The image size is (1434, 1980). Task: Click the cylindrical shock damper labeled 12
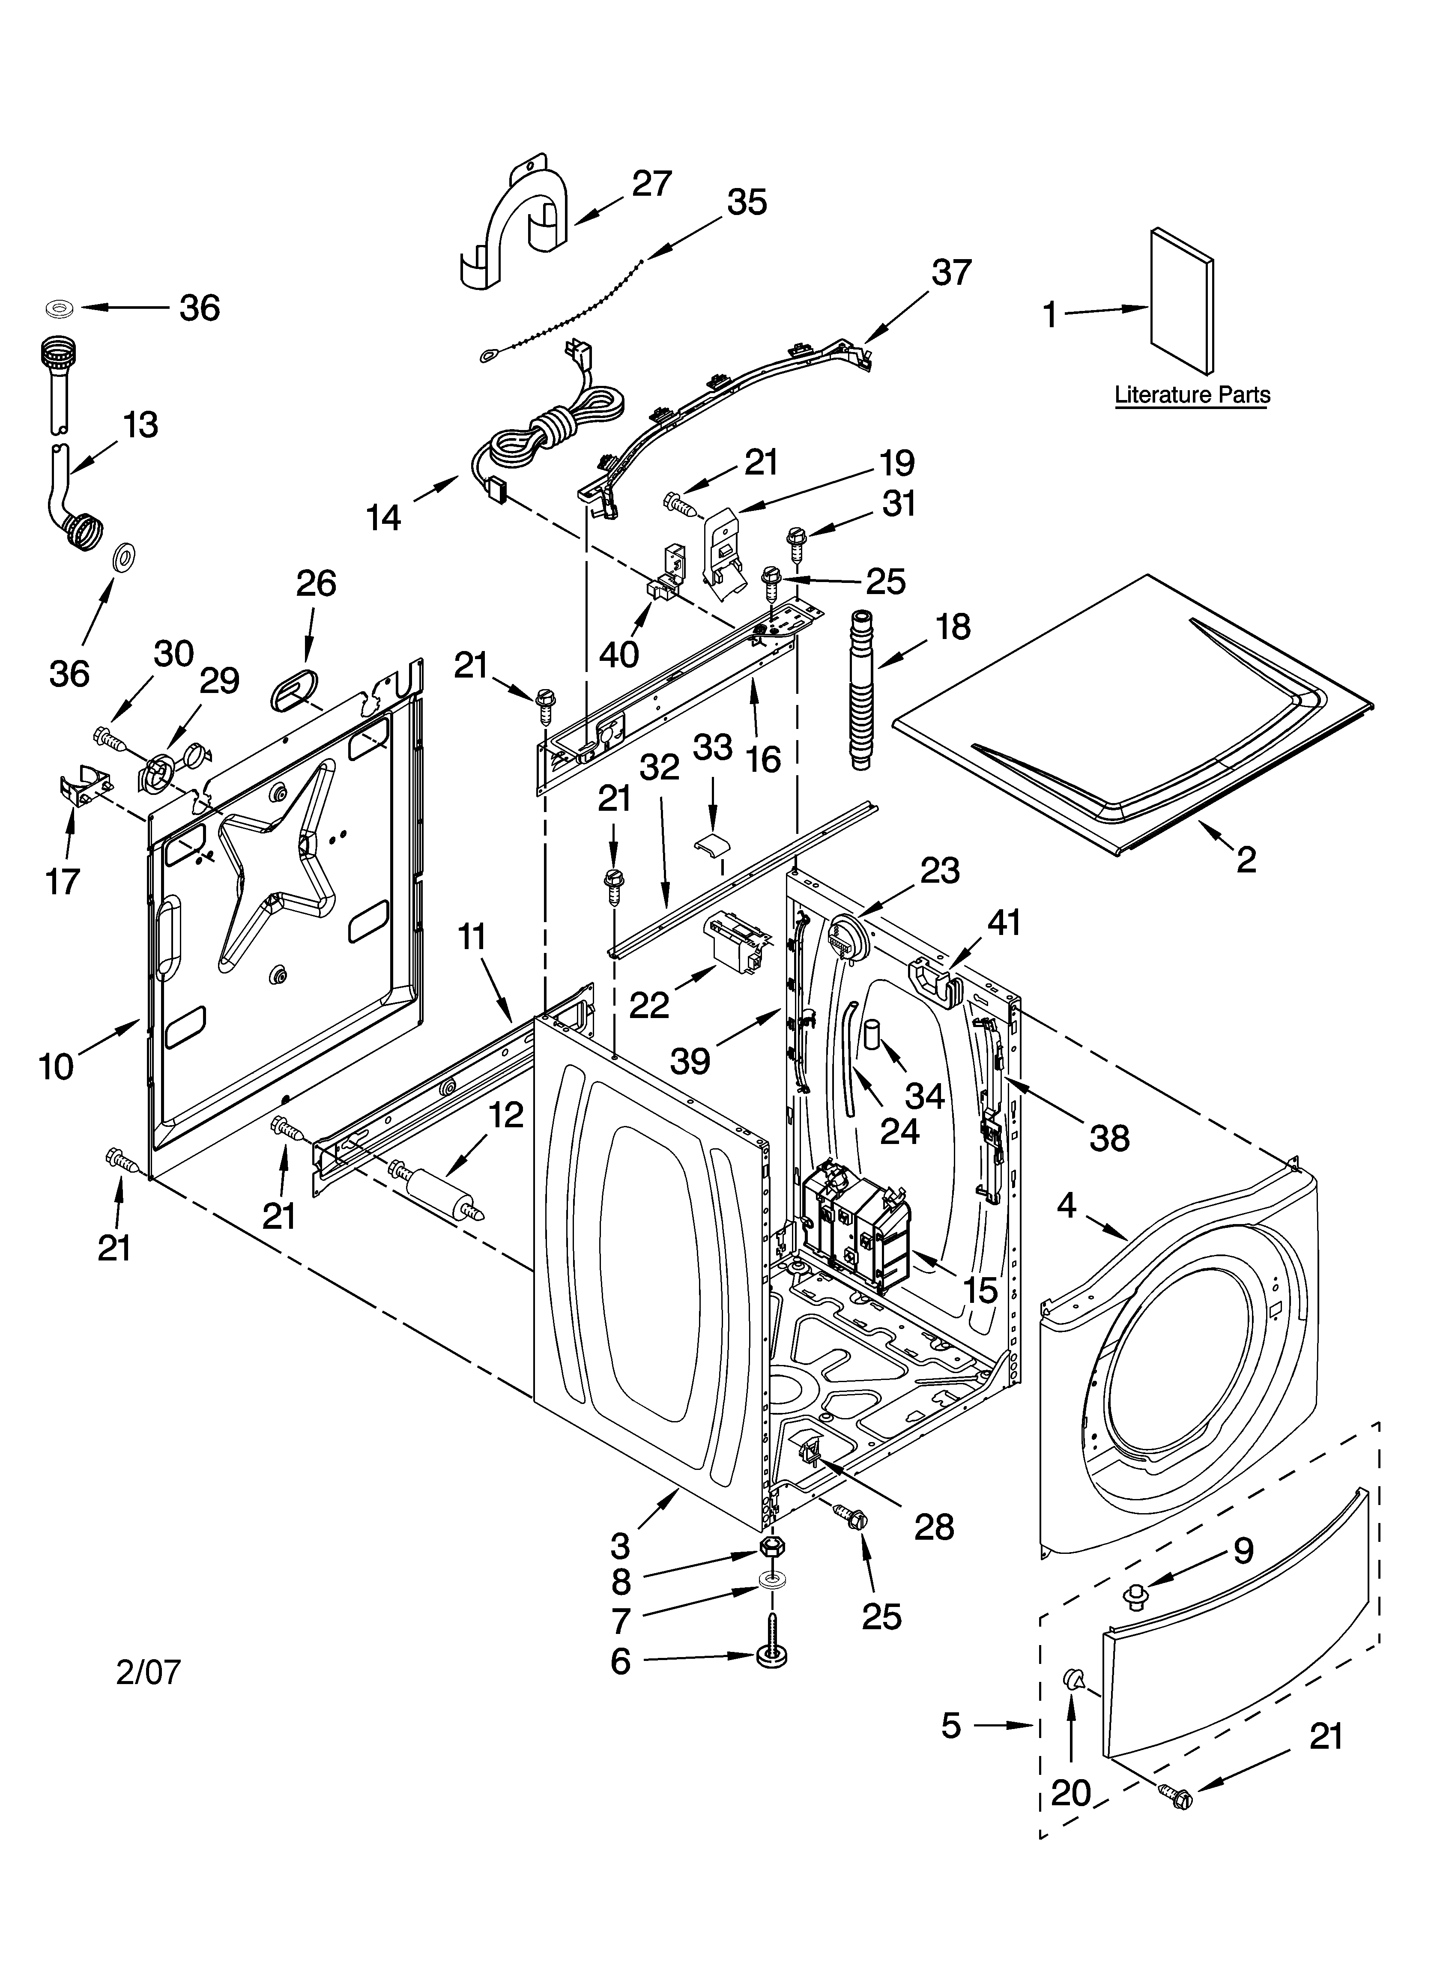(436, 1189)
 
